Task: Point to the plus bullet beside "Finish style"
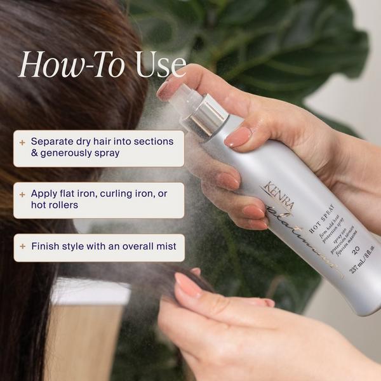pyautogui.click(x=23, y=246)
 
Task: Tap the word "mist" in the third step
pyautogui.click(x=163, y=246)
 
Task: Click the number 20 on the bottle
pyautogui.click(x=355, y=248)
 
